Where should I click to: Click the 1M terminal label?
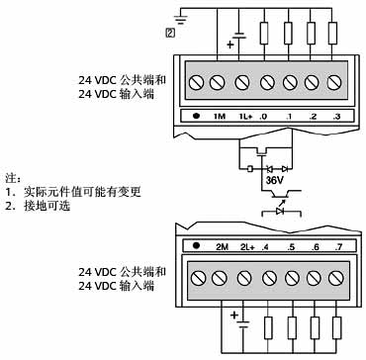pos(220,118)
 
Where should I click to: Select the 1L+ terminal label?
pos(244,118)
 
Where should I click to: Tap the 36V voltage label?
pos(277,181)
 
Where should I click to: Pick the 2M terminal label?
pos(222,246)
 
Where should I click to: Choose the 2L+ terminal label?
pos(246,246)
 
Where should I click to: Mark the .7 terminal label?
pos(337,246)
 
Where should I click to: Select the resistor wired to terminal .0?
pos(264,32)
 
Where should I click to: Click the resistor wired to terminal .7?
pos(337,329)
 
